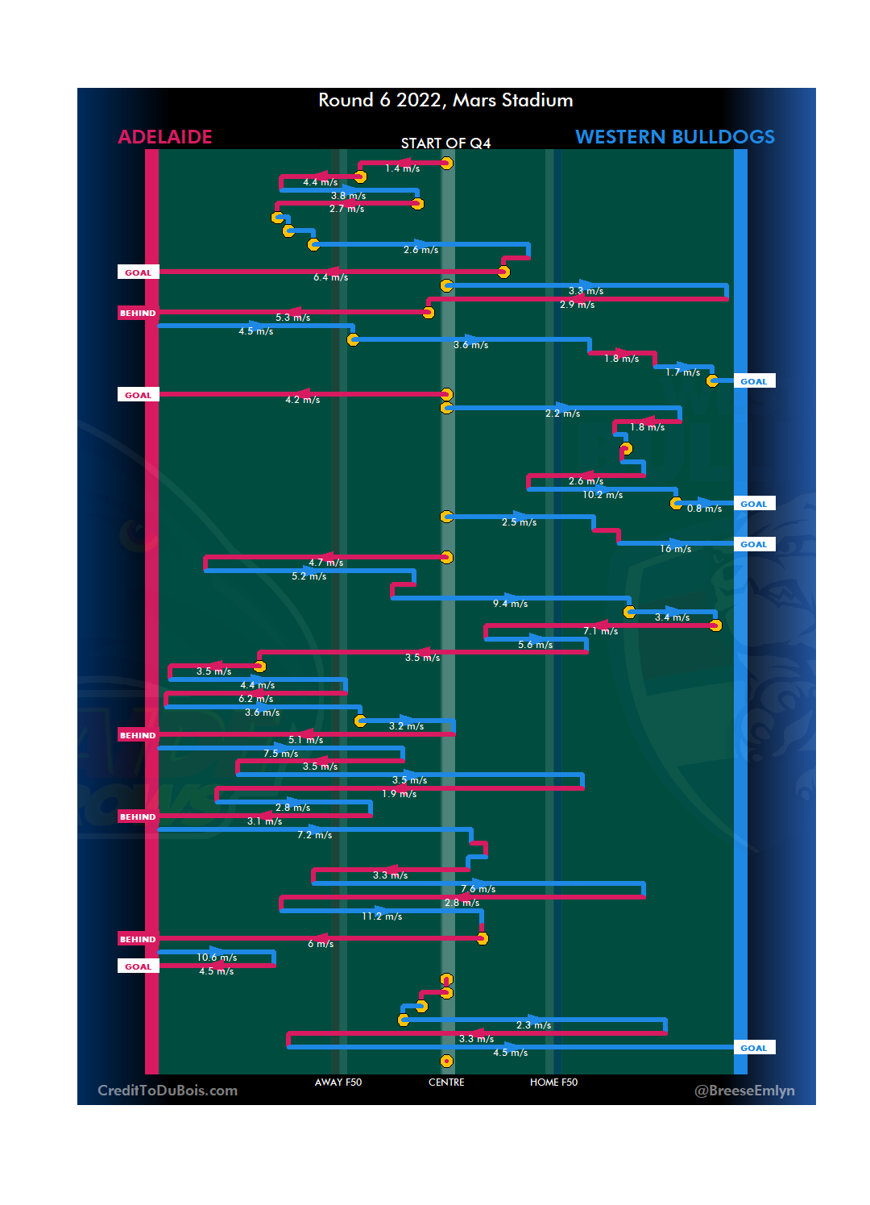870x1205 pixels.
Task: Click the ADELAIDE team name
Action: [x=165, y=137]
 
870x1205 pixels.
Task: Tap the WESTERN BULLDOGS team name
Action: [x=674, y=137]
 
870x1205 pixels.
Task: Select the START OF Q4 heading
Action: [x=445, y=143]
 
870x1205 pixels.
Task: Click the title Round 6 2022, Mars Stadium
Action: [x=445, y=100]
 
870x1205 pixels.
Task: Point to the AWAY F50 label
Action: [x=338, y=1082]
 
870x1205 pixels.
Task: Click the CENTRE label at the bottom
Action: [x=446, y=1082]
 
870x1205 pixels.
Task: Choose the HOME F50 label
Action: [x=553, y=1082]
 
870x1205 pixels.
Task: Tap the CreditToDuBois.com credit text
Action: [x=168, y=1091]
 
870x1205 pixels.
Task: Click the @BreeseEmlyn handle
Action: [x=744, y=1091]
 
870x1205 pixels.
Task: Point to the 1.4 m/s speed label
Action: [x=402, y=168]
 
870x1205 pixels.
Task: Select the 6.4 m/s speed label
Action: [x=330, y=277]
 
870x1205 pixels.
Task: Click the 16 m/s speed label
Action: [x=675, y=549]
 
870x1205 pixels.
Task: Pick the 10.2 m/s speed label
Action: [x=603, y=495]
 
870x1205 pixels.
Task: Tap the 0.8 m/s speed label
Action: [x=704, y=509]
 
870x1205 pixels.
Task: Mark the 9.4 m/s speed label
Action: [x=510, y=604]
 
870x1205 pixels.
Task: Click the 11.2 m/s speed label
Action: [x=382, y=916]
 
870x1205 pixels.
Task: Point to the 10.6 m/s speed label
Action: [x=217, y=958]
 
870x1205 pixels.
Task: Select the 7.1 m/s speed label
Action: [x=600, y=631]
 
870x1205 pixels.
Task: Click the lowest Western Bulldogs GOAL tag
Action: [x=754, y=1048]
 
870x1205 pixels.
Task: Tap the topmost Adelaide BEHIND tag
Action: [x=138, y=313]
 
